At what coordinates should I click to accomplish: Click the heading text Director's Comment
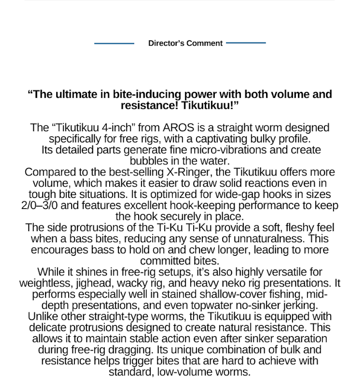(185, 43)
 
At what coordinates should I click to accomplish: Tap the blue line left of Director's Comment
(114, 43)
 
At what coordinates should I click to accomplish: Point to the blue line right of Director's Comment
(246, 43)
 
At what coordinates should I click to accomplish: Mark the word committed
(163, 261)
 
